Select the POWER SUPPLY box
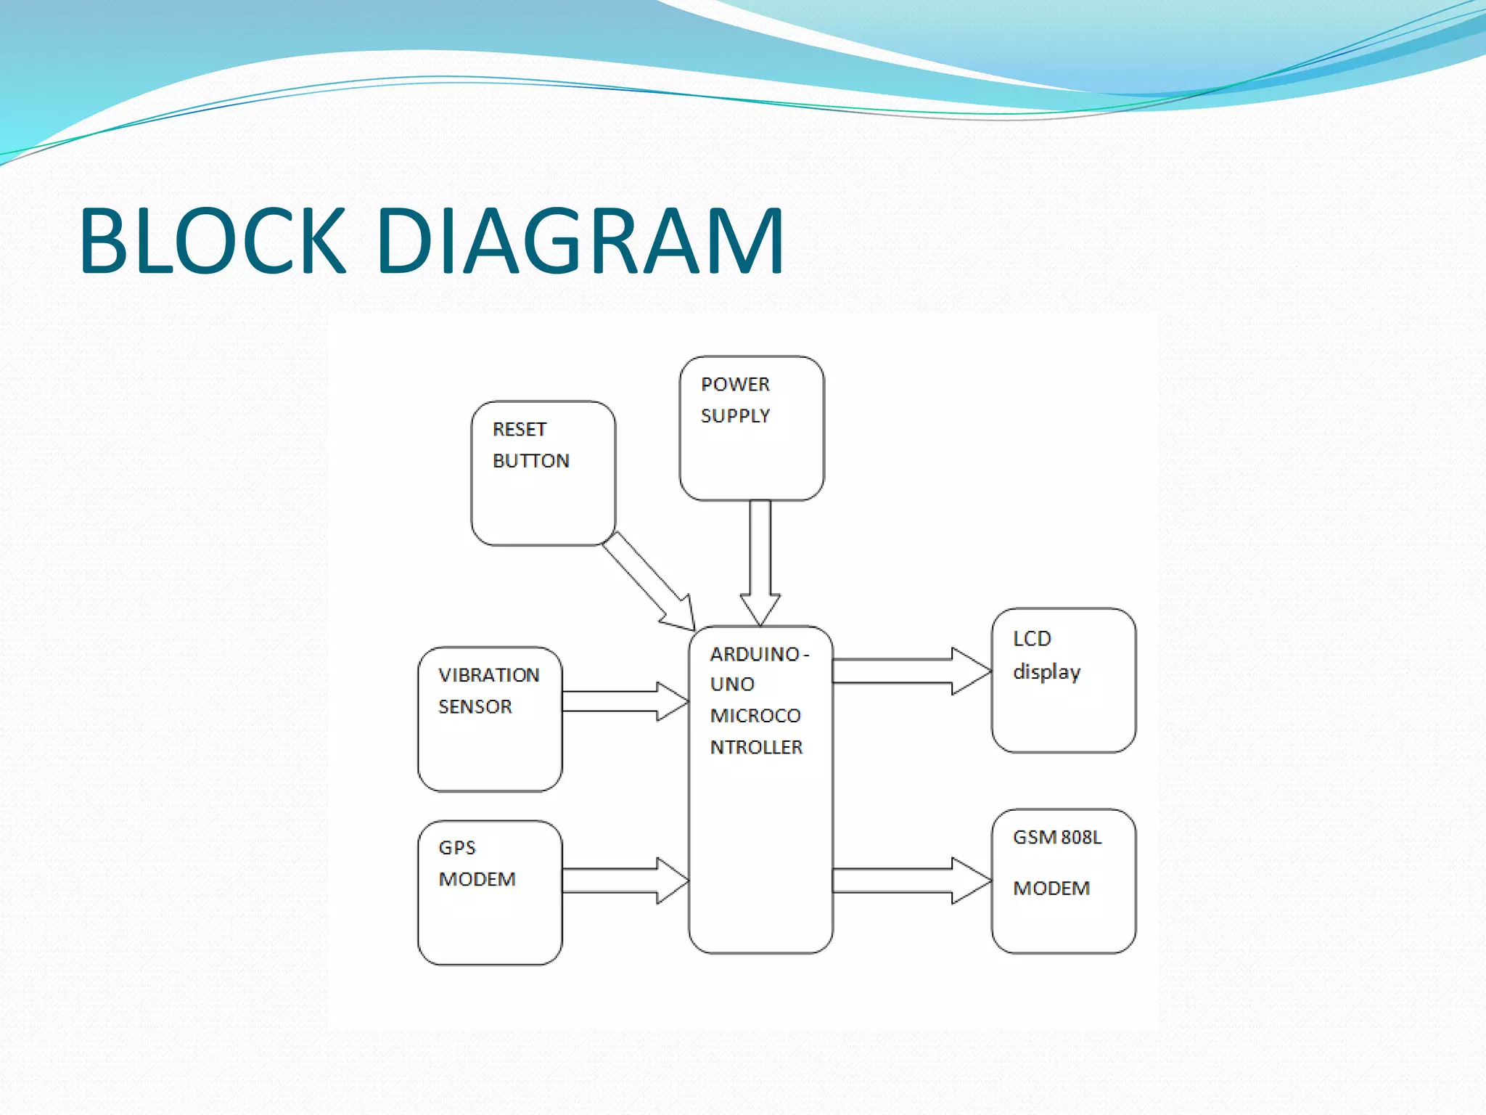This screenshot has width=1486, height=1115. pos(752,428)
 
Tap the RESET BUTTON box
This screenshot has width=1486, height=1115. pos(543,473)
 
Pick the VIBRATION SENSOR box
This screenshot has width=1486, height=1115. pos(490,719)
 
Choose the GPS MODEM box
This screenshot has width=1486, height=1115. pos(490,893)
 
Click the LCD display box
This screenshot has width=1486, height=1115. pos(1064,680)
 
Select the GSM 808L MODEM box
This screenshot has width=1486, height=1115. pos(1064,881)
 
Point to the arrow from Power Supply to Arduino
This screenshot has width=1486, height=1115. pos(760,559)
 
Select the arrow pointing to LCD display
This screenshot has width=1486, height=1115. pos(911,671)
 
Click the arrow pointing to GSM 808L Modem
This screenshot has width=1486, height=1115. pos(911,881)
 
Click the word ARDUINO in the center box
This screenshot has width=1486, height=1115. pos(755,654)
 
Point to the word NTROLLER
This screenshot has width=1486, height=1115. pos(756,747)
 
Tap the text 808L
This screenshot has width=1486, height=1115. pos(1081,837)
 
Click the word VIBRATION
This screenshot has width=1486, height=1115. pos(489,675)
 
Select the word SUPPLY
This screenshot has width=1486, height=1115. pos(735,416)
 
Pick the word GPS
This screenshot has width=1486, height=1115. pos(457,848)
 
